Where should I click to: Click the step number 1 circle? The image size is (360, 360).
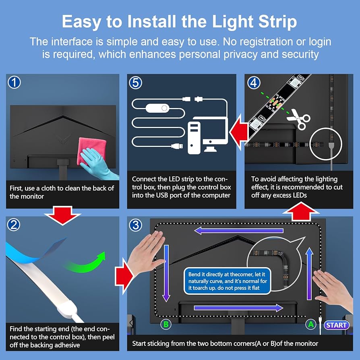14,83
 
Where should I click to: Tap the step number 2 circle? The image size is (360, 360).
14,225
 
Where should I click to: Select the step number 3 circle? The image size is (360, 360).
135,225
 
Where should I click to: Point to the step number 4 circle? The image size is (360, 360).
254,83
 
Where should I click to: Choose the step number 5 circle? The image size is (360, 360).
135,83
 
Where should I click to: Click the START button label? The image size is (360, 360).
336,325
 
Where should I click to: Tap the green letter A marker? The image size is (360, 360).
311,325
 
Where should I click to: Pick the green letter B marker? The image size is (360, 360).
166,325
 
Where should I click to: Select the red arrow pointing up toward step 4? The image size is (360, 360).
301,211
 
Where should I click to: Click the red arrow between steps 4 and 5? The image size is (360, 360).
239,132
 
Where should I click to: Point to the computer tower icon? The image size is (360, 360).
194,138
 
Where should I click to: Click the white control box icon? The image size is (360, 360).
158,108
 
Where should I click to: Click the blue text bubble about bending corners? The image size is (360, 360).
227,281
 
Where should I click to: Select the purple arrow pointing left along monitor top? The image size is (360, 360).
239,230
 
